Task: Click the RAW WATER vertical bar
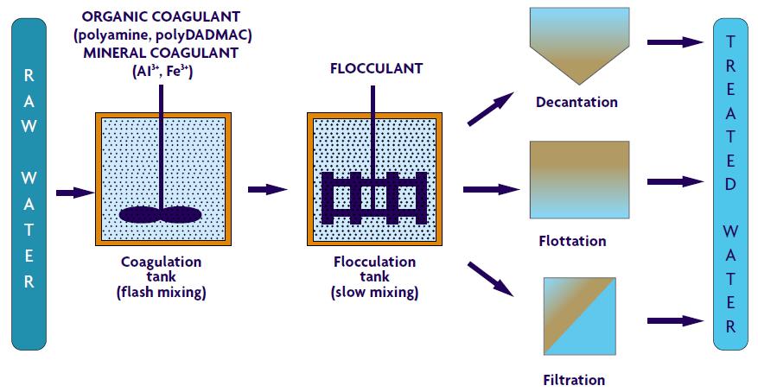29,184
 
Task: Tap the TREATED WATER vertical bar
730,184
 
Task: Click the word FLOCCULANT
376,68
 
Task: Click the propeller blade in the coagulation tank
160,215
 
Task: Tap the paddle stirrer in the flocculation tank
374,198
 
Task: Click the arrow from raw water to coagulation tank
75,193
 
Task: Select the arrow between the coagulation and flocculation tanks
268,189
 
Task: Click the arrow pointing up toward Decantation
490,109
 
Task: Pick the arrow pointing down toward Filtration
490,279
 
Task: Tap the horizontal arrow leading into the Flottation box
491,189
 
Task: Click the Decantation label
576,103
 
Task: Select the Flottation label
572,240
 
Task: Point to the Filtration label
574,379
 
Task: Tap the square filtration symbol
579,316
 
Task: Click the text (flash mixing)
162,293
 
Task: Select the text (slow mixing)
374,293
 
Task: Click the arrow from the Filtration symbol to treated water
675,321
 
